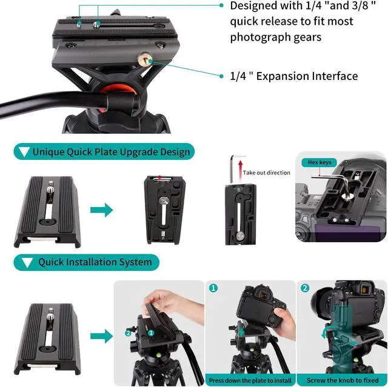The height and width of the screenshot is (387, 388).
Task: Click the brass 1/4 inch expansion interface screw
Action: tap(145, 59)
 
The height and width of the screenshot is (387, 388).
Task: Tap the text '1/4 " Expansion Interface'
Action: tap(293, 76)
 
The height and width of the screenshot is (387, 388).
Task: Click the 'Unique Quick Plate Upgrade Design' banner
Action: tap(104, 151)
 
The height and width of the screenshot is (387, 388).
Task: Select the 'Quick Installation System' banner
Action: tap(86, 262)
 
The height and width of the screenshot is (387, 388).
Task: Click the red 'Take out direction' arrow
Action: tap(240, 171)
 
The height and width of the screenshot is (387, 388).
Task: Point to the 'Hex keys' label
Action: tap(319, 162)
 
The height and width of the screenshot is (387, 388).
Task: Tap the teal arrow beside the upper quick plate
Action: tap(101, 210)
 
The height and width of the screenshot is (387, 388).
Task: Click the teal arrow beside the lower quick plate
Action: tap(101, 336)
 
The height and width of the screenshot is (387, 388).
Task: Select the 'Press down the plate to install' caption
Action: tap(250, 380)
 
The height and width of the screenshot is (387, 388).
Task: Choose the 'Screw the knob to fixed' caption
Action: tap(343, 380)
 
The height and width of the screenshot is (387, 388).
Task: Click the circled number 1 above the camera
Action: tap(213, 288)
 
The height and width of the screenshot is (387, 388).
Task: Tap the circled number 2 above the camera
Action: tap(305, 288)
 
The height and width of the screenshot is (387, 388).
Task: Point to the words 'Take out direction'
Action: tap(266, 173)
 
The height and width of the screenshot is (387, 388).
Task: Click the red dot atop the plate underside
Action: tap(160, 177)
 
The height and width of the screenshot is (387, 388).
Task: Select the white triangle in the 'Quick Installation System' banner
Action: tap(27, 262)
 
